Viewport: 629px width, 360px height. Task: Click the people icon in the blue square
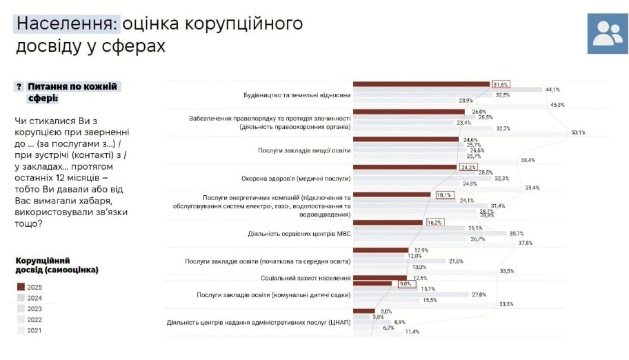click(x=608, y=32)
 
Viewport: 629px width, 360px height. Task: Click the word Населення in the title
click(x=66, y=24)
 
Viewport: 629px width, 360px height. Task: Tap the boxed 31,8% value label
click(x=501, y=84)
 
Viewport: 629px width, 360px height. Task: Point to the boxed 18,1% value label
click(x=443, y=195)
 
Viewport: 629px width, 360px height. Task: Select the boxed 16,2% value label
click(x=434, y=223)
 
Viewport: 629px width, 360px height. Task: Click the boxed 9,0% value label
click(x=405, y=283)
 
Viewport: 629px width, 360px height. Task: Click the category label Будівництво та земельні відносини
click(x=297, y=94)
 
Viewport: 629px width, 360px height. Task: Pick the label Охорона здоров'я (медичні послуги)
click(x=298, y=177)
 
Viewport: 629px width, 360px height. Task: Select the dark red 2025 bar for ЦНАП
click(x=363, y=311)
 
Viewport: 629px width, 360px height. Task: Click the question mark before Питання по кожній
click(x=19, y=87)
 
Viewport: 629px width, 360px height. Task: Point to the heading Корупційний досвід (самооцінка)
click(x=56, y=265)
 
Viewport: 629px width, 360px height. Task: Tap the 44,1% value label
click(x=552, y=90)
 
